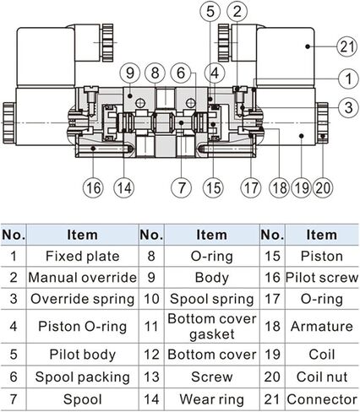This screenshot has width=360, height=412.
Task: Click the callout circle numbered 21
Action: click(347, 46)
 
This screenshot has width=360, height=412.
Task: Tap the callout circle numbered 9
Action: click(130, 73)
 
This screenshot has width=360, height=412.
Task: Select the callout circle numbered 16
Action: click(93, 187)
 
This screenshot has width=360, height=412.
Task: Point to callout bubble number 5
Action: click(210, 11)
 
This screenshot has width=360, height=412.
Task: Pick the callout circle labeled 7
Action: click(182, 187)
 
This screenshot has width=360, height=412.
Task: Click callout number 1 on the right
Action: click(348, 79)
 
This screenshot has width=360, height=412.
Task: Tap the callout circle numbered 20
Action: click(323, 187)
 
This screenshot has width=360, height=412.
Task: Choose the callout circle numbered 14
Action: click(124, 187)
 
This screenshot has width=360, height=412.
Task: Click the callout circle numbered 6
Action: click(181, 73)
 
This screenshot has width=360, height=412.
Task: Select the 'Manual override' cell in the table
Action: click(83, 278)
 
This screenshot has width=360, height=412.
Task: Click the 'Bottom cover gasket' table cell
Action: click(212, 327)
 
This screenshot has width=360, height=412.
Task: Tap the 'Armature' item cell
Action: click(322, 327)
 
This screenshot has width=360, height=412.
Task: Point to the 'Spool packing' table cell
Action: click(83, 377)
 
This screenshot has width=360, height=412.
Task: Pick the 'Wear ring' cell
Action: click(212, 399)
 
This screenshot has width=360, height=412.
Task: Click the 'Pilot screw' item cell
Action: click(322, 278)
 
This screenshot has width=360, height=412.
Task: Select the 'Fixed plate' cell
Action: click(83, 256)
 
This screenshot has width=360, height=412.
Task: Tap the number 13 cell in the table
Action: click(151, 377)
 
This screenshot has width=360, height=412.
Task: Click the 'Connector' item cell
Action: click(322, 399)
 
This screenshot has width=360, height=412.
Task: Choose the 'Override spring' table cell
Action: click(83, 299)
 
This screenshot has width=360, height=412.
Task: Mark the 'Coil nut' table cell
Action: click(322, 377)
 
